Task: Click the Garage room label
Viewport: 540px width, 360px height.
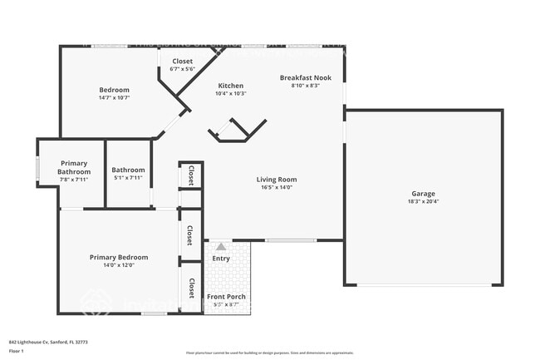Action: click(424, 193)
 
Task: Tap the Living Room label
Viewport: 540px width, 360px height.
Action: click(276, 179)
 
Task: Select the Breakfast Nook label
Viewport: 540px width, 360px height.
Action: click(305, 77)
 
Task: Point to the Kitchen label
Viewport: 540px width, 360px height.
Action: click(230, 86)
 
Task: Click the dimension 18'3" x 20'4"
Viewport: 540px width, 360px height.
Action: click(424, 201)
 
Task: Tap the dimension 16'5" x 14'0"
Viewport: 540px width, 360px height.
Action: click(276, 187)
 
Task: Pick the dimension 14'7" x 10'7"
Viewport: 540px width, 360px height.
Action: click(115, 97)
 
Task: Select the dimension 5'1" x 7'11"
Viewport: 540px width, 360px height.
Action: click(128, 178)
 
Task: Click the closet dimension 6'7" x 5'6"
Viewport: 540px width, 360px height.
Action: click(182, 69)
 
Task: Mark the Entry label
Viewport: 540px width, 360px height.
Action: click(221, 258)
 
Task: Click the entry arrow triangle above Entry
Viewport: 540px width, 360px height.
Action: click(221, 246)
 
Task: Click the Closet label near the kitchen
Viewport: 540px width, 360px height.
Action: click(182, 62)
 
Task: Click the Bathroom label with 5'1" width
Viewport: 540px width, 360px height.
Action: click(128, 170)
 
